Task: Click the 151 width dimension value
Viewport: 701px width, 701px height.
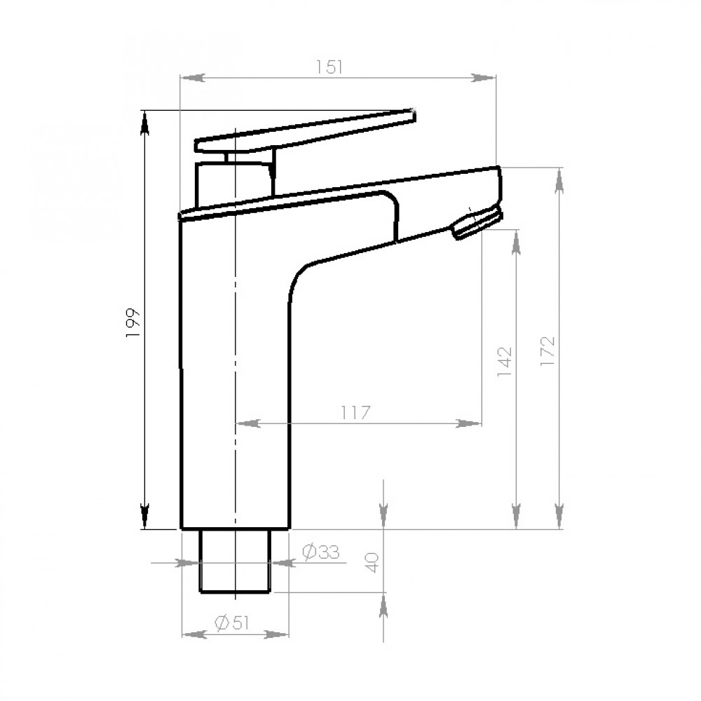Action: [329, 67]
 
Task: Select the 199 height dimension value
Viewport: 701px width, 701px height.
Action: [133, 322]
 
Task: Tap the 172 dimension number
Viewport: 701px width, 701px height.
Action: [547, 351]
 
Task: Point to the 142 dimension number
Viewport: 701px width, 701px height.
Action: [504, 361]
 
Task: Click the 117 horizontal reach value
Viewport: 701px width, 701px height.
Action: [356, 413]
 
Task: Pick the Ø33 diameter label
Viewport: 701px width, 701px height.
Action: [320, 552]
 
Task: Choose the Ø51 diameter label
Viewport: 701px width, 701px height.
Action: [232, 622]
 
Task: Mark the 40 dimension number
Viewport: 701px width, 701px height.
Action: [372, 562]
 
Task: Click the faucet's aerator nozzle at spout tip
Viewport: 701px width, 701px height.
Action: [477, 223]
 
